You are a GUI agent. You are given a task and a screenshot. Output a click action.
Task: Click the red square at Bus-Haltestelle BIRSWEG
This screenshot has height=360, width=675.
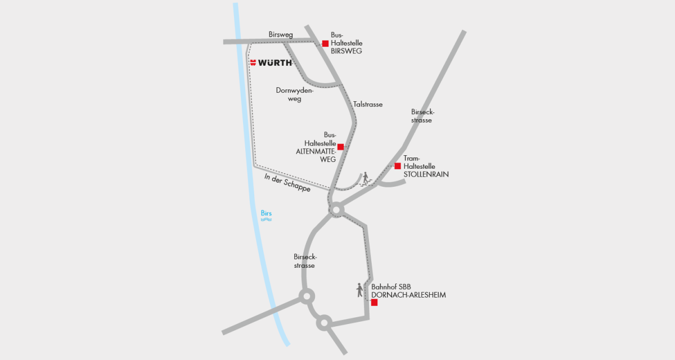click(325, 43)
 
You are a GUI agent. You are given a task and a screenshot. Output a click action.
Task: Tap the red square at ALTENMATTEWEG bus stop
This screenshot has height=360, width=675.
click(340, 147)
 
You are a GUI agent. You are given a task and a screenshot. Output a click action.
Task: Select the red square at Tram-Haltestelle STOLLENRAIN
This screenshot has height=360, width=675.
click(398, 166)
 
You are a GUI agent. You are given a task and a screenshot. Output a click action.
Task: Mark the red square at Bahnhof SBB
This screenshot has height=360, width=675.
click(374, 302)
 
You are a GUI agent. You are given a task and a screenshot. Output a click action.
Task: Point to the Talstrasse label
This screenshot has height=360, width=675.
click(368, 105)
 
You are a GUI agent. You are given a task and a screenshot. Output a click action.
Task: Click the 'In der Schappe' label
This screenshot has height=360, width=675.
click(287, 183)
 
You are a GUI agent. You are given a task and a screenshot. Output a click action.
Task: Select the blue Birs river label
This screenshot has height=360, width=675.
click(267, 213)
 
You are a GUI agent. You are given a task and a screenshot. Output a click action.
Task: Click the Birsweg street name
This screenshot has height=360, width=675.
click(281, 35)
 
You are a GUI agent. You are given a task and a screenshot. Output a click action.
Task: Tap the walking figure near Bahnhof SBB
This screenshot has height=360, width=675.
click(360, 290)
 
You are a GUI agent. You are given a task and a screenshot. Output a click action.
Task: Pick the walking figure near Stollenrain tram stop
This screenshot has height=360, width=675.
click(365, 178)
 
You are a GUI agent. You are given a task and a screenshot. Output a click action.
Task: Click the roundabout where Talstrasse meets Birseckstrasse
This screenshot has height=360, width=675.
click(336, 210)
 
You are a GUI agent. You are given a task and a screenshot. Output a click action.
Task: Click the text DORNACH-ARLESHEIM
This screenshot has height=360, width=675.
click(408, 295)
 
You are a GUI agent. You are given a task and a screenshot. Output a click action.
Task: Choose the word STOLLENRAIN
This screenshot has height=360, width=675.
click(426, 175)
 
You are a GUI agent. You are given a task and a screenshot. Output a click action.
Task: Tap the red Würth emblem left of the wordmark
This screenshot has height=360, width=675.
click(253, 62)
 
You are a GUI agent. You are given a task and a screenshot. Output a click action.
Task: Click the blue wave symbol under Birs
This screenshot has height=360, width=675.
click(267, 220)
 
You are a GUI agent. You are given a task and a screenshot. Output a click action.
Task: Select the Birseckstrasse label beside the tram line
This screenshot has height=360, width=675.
click(422, 116)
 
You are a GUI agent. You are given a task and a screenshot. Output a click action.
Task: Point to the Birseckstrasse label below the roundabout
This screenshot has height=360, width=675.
click(305, 261)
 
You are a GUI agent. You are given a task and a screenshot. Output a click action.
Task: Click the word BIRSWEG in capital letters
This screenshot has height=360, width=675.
click(346, 51)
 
